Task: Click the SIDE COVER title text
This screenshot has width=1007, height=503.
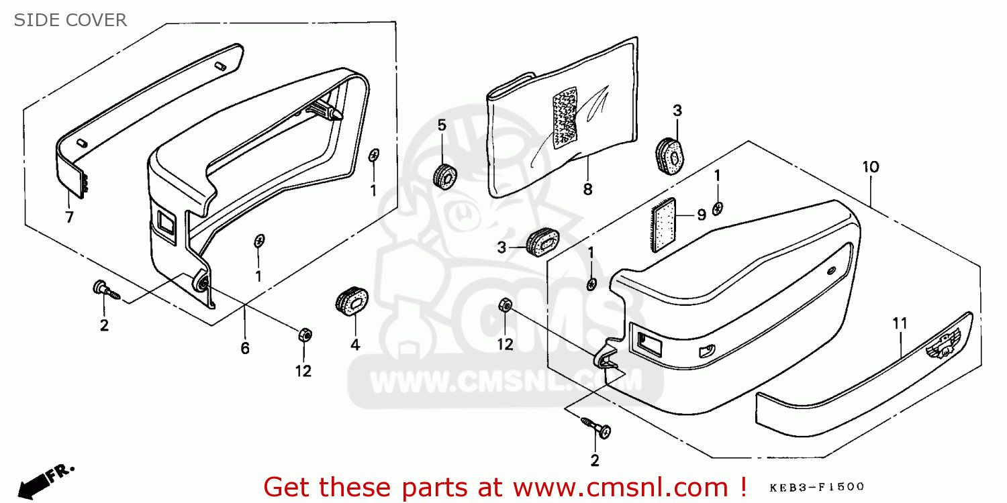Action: [x=70, y=20]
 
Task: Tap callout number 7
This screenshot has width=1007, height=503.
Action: [x=69, y=217]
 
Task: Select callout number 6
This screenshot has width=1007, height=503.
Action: [x=245, y=348]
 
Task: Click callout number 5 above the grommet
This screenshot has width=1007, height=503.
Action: [x=442, y=125]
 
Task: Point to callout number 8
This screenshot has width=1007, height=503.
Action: [x=587, y=190]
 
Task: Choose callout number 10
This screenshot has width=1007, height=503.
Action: [x=871, y=167]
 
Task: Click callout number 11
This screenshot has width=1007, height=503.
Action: [x=900, y=323]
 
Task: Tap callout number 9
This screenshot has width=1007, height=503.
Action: [x=702, y=215]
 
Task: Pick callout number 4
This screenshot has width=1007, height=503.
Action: [x=355, y=345]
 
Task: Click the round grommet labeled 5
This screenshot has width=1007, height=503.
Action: [x=445, y=177]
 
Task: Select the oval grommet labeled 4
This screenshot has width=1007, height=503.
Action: [x=352, y=301]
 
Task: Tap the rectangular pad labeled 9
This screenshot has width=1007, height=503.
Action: [x=663, y=225]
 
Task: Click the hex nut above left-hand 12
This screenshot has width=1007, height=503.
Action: [x=305, y=335]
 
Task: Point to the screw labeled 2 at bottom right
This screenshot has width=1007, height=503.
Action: [x=596, y=427]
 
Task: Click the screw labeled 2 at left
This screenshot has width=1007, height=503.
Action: [x=106, y=290]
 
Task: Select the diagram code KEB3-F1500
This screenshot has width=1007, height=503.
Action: [x=817, y=488]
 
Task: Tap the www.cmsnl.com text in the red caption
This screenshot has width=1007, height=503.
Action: [x=620, y=488]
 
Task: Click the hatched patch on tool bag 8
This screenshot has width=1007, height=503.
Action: [x=565, y=118]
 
